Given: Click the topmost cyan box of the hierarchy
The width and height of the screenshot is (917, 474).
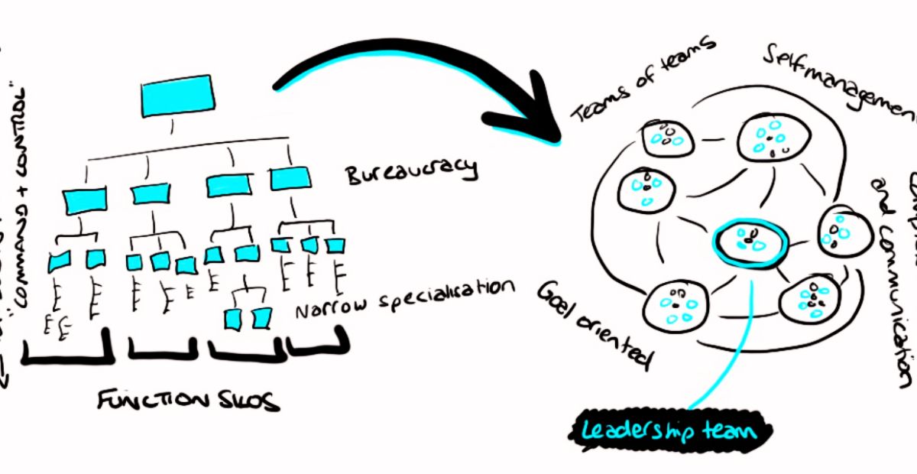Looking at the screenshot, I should [x=176, y=95].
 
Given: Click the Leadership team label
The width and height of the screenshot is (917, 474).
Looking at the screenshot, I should [x=669, y=431].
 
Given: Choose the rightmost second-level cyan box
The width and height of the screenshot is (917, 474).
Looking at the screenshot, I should [x=290, y=177].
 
